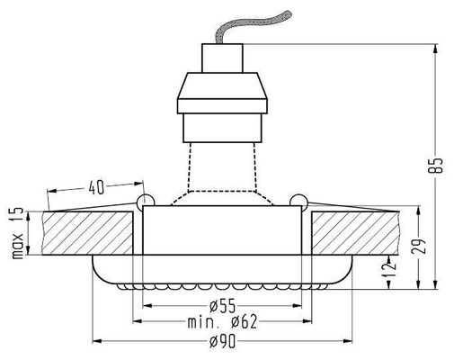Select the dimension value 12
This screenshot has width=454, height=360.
387,266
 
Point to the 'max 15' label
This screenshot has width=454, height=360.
16,231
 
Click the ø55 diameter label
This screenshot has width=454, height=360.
226,303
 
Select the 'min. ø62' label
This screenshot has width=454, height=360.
226,321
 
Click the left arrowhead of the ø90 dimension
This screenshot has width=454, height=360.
97,342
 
